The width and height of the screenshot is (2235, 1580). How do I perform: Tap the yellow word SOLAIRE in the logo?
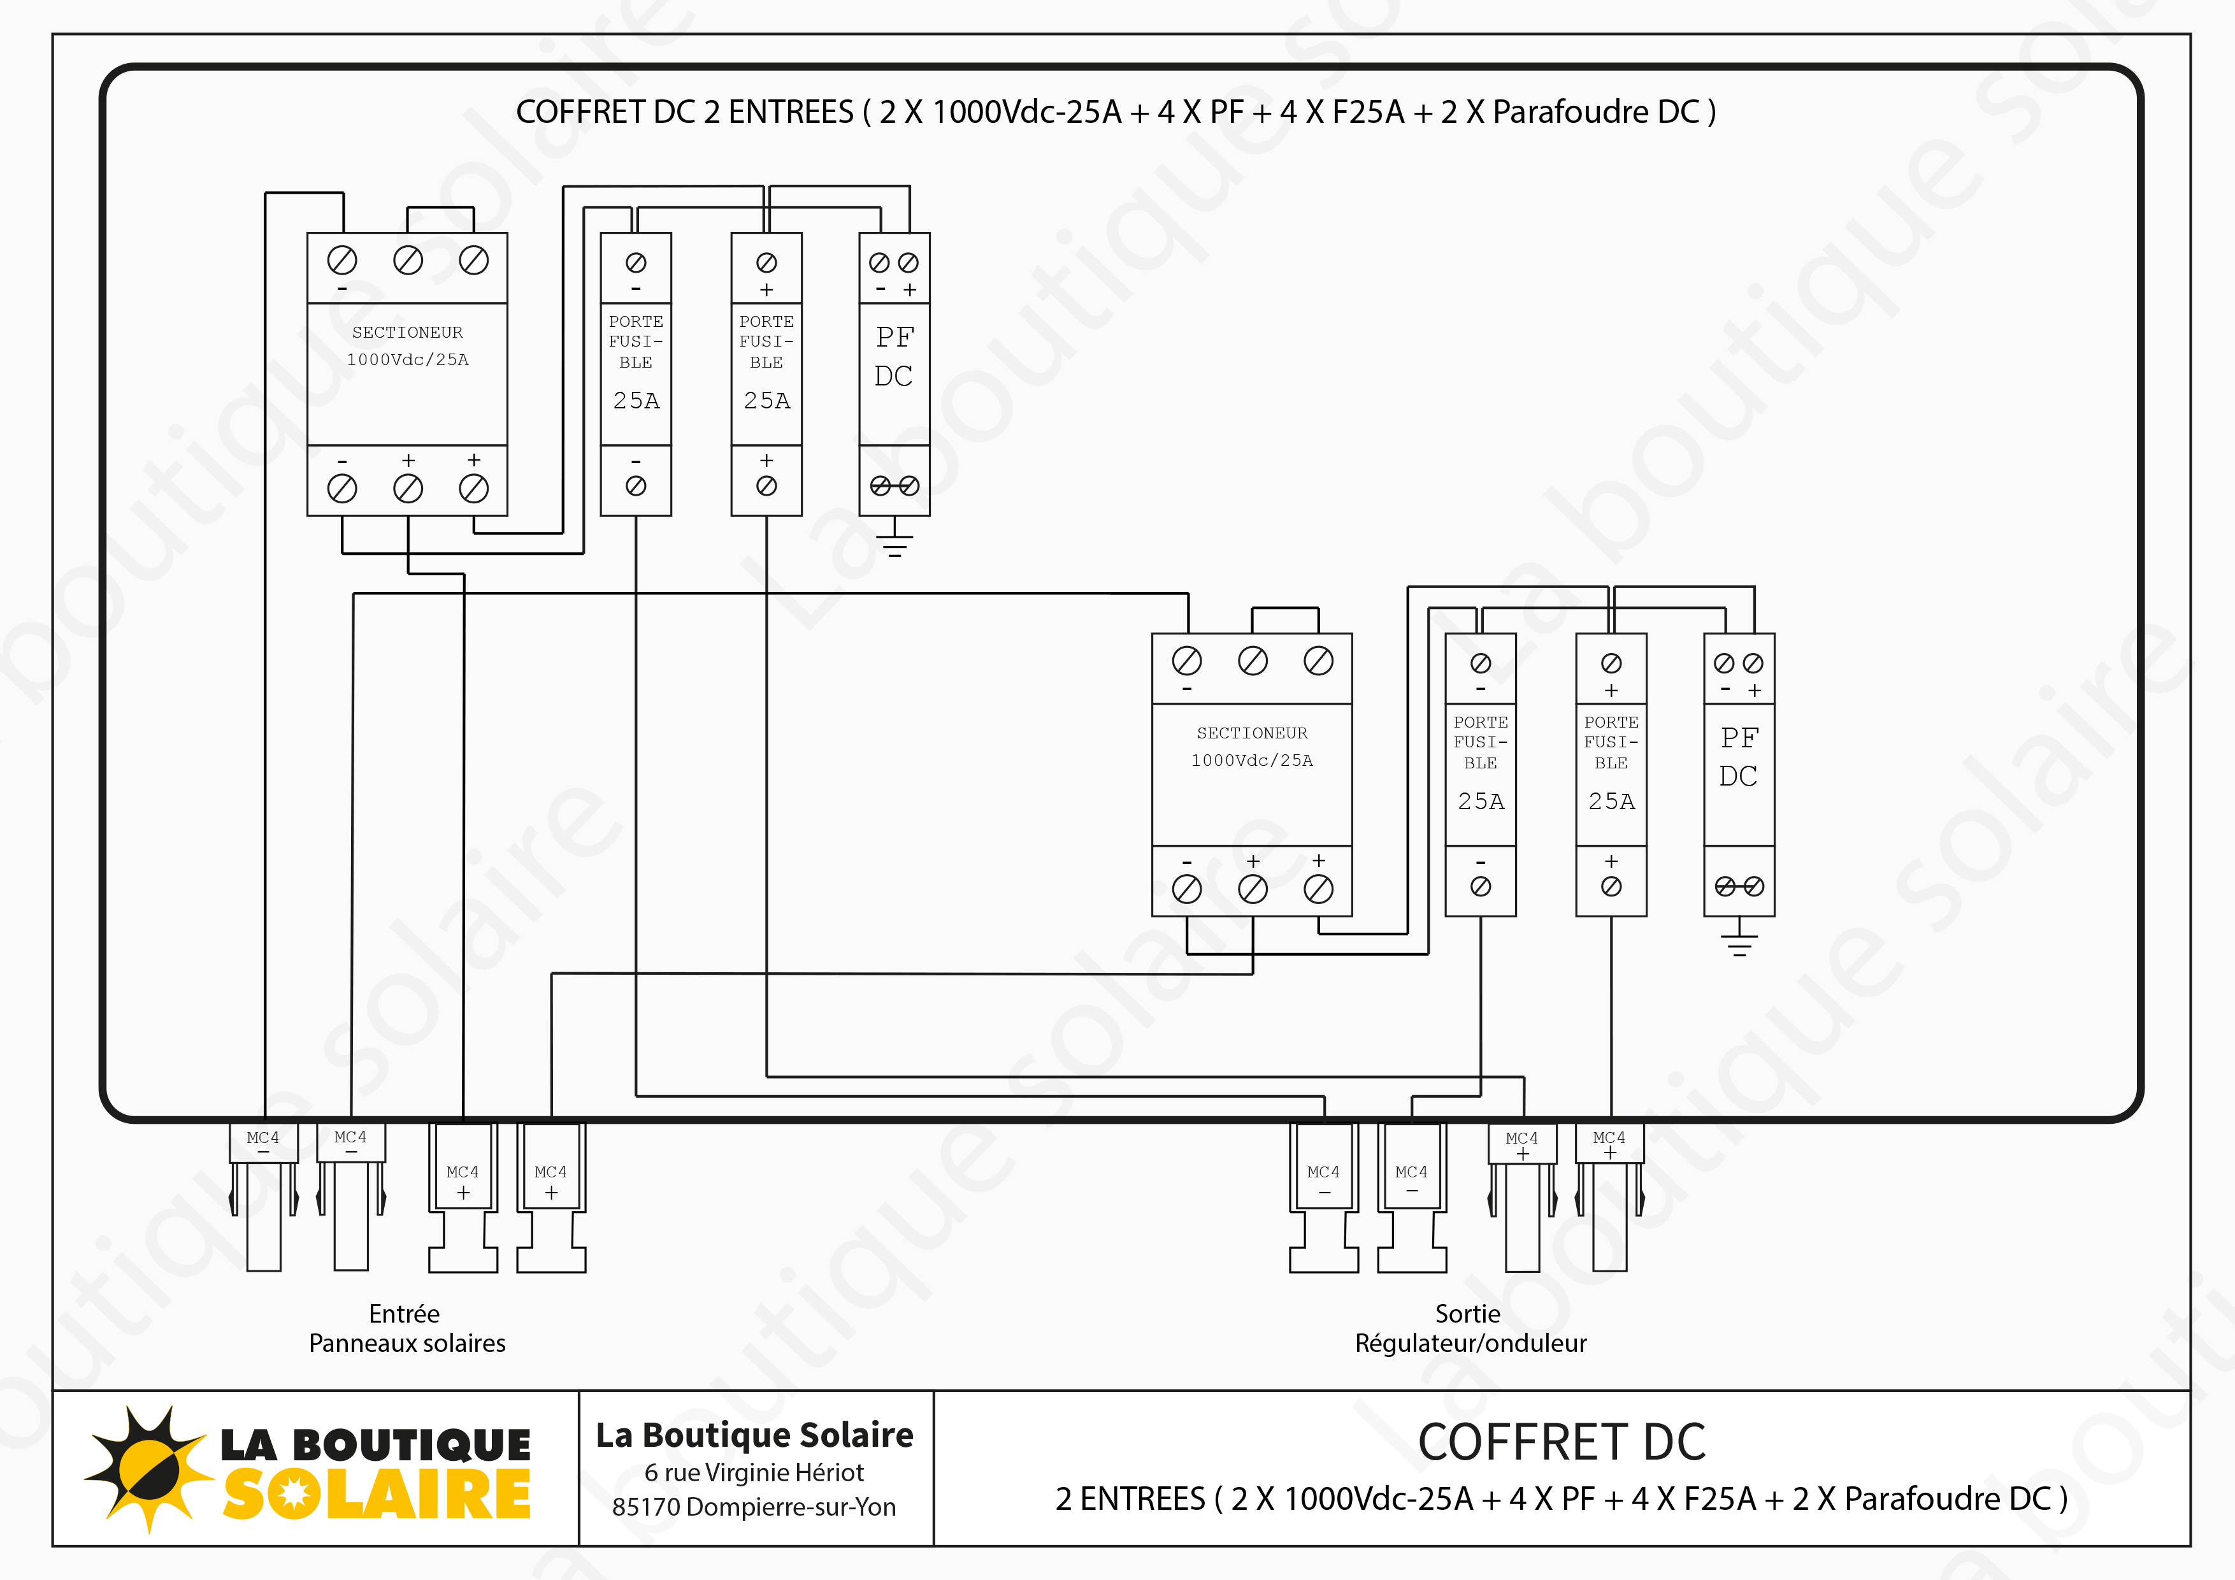click(377, 1495)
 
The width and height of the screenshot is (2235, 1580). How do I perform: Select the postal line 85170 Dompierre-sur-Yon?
click(754, 1507)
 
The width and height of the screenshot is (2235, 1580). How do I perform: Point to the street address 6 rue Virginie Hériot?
click(754, 1472)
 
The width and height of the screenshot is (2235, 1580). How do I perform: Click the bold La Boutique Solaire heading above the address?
click(754, 1435)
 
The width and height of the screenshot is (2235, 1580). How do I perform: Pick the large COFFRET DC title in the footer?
click(1562, 1442)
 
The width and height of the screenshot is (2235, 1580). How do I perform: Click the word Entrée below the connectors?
click(404, 1314)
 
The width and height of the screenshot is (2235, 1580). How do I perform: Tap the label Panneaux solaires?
click(407, 1344)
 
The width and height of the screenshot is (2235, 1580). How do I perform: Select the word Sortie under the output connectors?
click(1467, 1314)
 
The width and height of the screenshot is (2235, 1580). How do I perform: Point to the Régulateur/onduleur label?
click(1470, 1344)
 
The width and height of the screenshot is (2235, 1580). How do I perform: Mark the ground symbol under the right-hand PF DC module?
click(1739, 942)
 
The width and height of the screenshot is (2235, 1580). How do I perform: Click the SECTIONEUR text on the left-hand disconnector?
click(407, 332)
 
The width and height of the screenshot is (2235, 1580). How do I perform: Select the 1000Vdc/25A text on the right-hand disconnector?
click(1252, 760)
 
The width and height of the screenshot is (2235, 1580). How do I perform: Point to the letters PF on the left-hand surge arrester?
click(894, 338)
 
